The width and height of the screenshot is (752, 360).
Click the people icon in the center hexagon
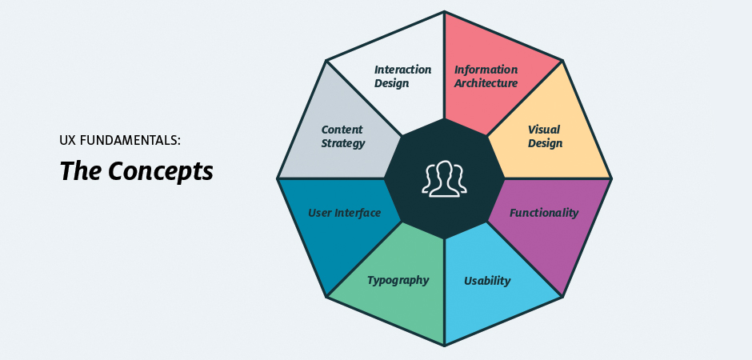[x=444, y=179]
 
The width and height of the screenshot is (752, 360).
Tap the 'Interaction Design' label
[x=402, y=76]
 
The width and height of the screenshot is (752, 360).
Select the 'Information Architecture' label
[x=486, y=76]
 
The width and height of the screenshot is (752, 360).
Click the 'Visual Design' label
[x=544, y=136]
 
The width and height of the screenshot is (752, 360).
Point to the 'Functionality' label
[x=544, y=213]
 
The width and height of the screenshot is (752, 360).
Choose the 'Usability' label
[x=487, y=281]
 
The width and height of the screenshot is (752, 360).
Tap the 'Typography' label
[x=398, y=280]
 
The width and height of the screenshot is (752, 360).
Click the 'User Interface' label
[x=344, y=213]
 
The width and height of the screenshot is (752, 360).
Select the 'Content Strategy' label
[x=342, y=136]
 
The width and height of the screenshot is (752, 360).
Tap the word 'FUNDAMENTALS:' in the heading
[x=131, y=140]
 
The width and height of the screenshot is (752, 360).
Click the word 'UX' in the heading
[x=68, y=140]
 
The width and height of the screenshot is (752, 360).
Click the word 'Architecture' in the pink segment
[x=486, y=83]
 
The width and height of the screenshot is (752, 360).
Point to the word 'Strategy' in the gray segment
[x=342, y=144]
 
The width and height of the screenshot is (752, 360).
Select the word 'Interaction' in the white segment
[x=402, y=70]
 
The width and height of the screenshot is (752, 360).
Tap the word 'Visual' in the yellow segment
[x=544, y=129]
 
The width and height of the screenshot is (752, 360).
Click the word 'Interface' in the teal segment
[x=358, y=213]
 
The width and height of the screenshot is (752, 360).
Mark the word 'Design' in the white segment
[x=391, y=83]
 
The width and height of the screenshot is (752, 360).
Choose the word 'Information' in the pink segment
[x=486, y=70]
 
